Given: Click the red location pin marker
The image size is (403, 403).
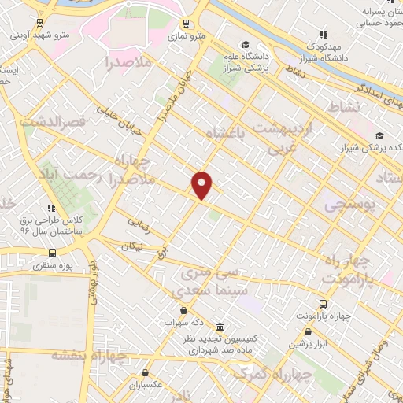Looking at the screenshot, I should coord(203,184).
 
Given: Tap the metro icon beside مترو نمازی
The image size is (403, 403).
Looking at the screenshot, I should coord(186,24).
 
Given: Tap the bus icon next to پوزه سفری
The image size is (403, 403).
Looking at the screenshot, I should coord(53,253).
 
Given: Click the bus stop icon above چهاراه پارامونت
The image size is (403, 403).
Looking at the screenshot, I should coord(322,304).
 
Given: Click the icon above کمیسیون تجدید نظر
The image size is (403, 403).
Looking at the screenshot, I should coord(218,327).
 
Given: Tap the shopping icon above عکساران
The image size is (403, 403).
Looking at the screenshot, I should coord(146,373).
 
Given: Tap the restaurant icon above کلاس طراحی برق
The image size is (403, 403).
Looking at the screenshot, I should coord(50,208).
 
